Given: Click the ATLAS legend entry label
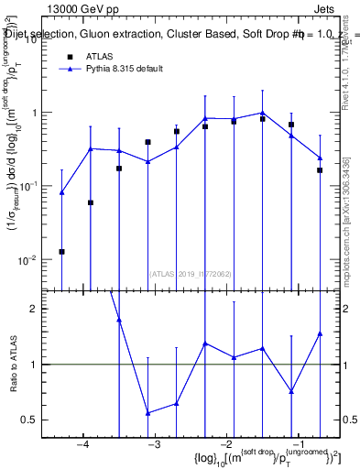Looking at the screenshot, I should pyautogui.click(x=101, y=56).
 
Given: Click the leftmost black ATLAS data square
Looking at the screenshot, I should pyautogui.click(x=61, y=251).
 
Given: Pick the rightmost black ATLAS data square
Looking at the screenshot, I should pyautogui.click(x=320, y=170).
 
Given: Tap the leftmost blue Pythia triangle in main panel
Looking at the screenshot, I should pyautogui.click(x=61, y=192).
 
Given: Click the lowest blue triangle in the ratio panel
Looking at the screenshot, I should pyautogui.click(x=147, y=413).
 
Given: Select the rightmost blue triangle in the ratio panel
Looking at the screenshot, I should pyautogui.click(x=320, y=333).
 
